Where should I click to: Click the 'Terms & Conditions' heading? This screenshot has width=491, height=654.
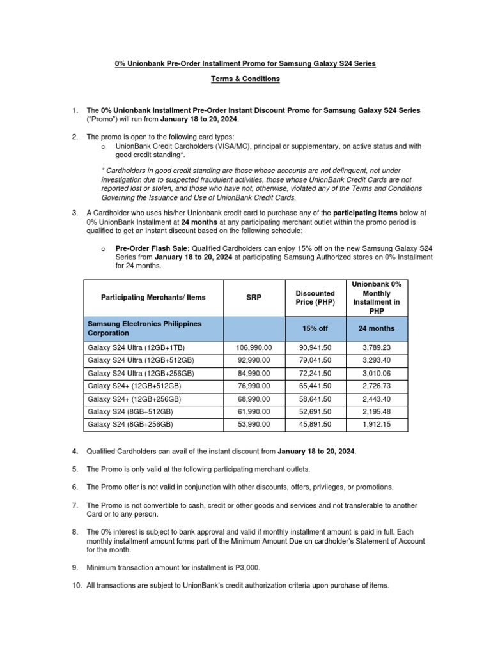245,79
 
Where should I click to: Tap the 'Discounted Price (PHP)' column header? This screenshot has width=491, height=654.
315,298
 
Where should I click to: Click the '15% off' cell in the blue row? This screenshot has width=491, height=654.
315,328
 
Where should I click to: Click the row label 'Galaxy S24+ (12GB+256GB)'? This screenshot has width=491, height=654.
134,399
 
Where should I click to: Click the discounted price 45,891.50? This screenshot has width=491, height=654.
315,424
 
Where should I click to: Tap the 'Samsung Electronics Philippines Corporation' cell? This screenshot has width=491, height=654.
144,328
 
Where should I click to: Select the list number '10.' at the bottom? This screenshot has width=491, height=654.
75,586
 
